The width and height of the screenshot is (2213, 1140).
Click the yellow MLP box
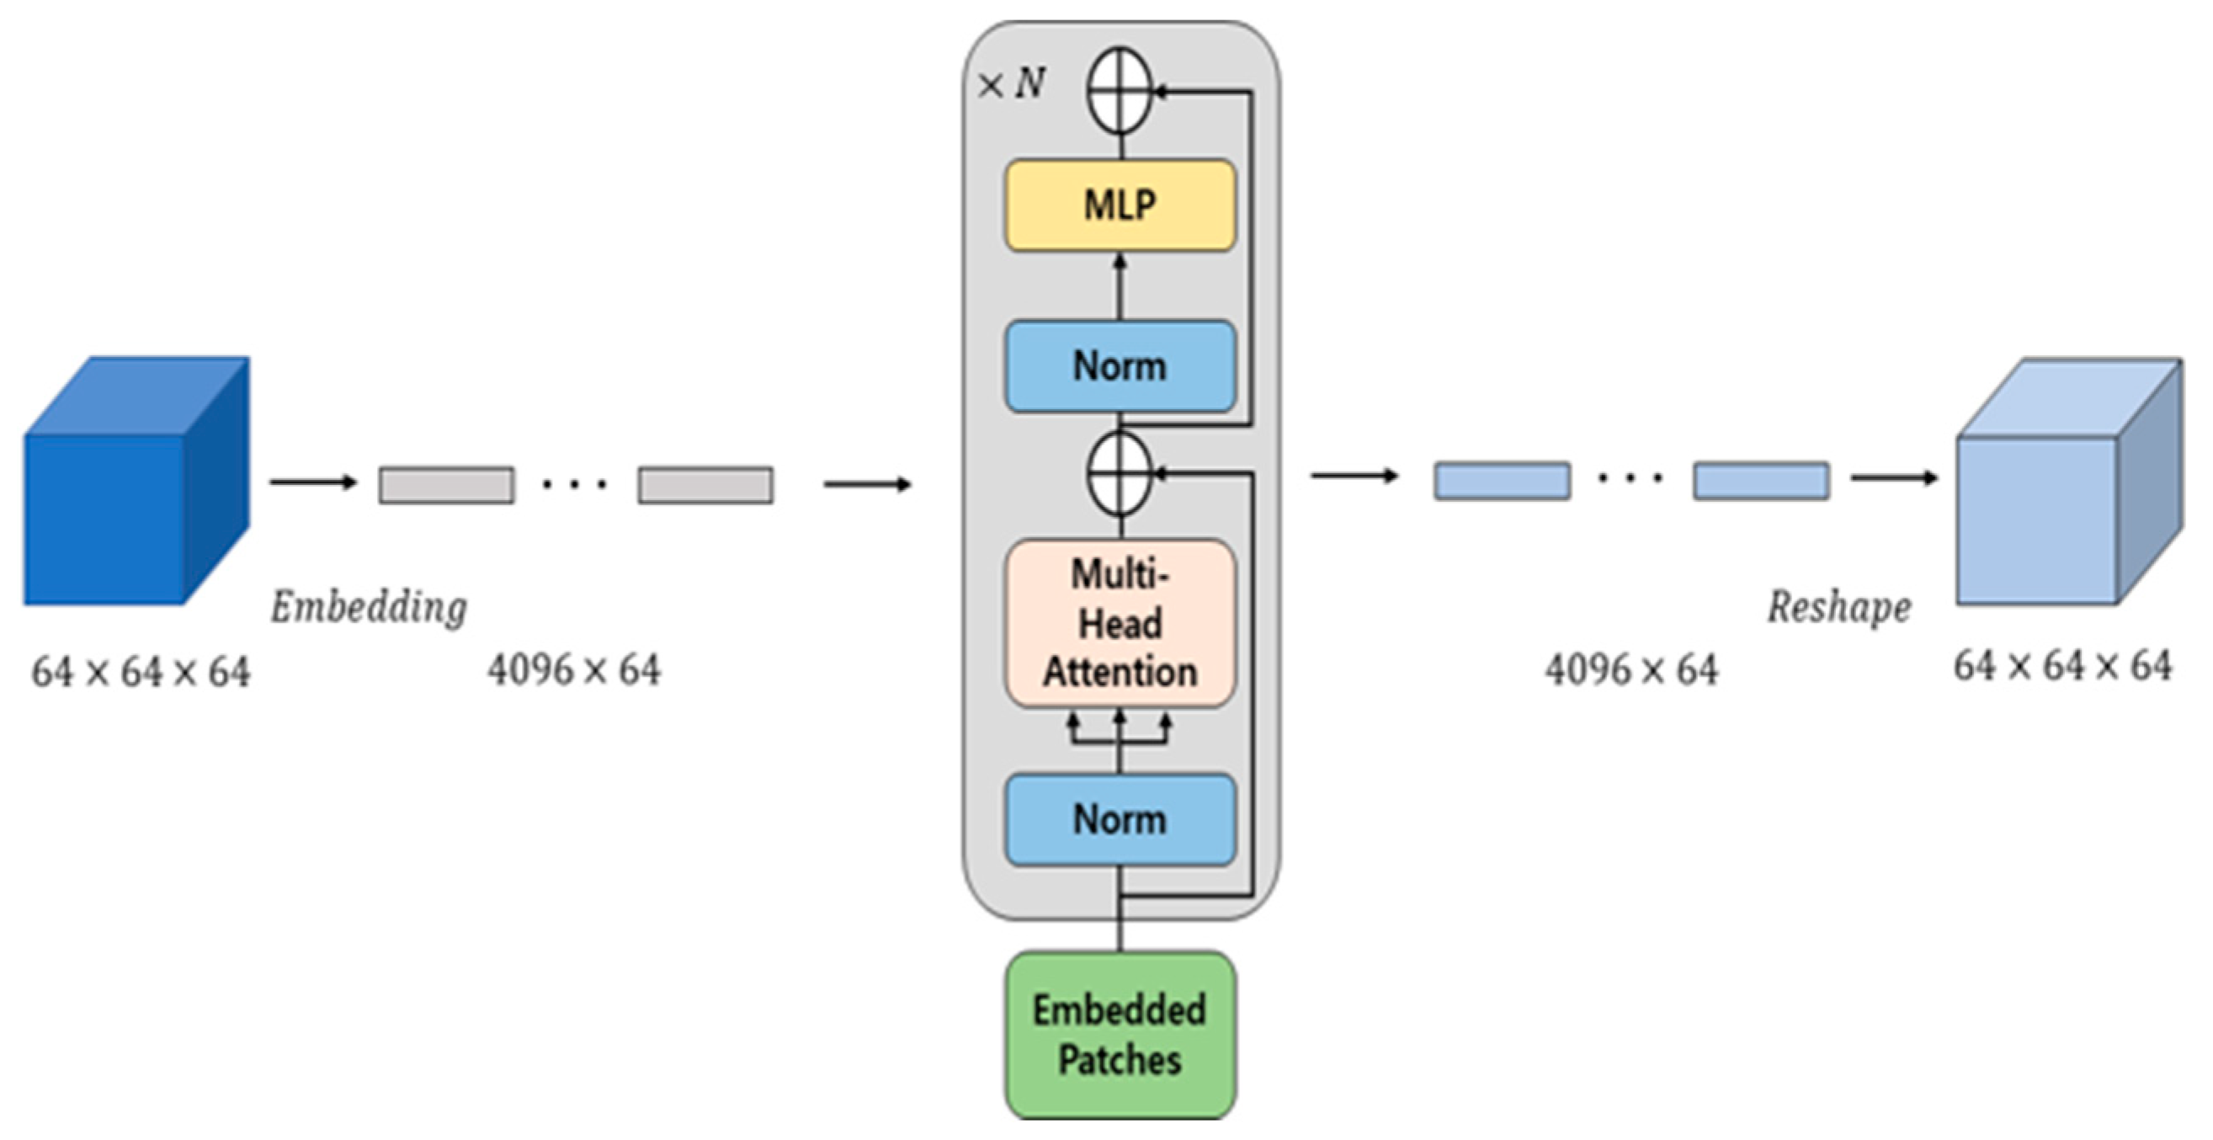[1120, 205]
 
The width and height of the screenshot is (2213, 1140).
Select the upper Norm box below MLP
[1120, 366]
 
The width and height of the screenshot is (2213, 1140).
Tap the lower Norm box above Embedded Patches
[1120, 818]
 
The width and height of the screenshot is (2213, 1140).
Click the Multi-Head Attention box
[1120, 624]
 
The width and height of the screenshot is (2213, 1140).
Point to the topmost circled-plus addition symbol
[1120, 91]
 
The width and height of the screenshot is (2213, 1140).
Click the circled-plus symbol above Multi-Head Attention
[1120, 473]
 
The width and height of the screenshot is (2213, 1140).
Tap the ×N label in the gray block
[1011, 84]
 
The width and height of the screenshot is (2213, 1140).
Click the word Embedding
[369, 607]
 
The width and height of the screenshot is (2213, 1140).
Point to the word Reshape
[1838, 607]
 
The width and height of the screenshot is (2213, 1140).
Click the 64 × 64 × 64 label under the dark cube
[141, 672]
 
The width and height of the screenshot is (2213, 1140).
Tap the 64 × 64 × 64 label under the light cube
[2062, 666]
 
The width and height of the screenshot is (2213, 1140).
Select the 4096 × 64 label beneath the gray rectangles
[574, 670]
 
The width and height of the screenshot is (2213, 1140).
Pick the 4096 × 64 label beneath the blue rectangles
[1630, 670]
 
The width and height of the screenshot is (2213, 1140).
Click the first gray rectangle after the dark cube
[447, 485]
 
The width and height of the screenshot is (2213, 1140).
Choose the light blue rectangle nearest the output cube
[1761, 481]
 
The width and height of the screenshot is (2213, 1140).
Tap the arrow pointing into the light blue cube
[1893, 477]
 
